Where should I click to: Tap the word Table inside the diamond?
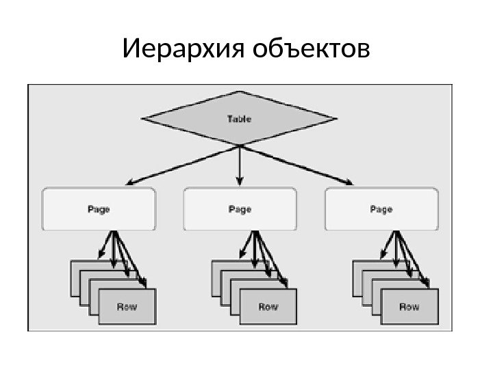click(239, 119)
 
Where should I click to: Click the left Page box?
click(99, 210)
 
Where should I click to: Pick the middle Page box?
click(240, 210)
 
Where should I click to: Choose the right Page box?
click(381, 210)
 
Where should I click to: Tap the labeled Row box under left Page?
click(127, 307)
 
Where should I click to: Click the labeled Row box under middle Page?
click(268, 307)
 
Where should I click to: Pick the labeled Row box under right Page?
click(409, 307)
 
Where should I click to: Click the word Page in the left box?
click(99, 210)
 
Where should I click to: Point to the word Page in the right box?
click(381, 210)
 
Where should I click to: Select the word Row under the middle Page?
click(268, 307)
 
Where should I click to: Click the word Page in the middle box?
click(240, 210)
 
